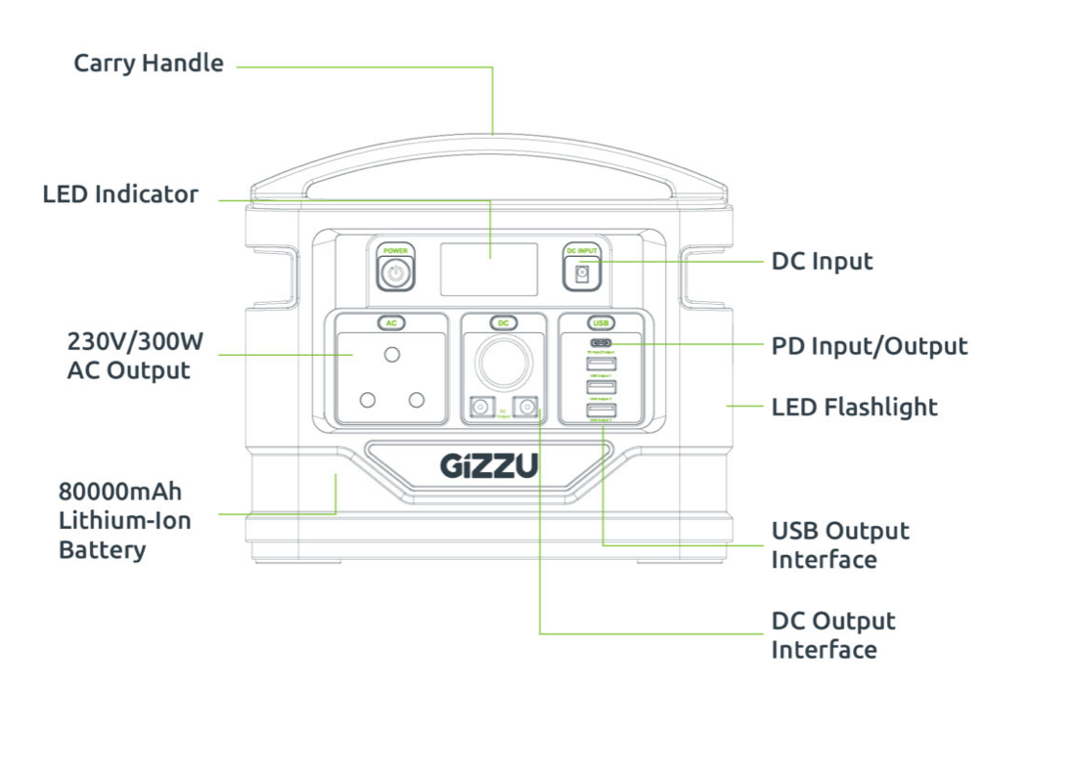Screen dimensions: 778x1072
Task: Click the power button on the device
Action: tap(395, 274)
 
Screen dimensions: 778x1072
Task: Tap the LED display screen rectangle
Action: tap(488, 269)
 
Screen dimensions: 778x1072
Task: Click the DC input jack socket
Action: tap(583, 275)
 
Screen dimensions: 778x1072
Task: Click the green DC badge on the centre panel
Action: tap(504, 323)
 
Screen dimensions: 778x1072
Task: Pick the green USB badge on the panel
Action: tap(601, 323)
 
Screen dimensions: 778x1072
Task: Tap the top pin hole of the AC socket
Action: tap(393, 353)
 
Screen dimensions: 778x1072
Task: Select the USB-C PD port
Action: tap(601, 344)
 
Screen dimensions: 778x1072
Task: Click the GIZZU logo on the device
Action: tap(488, 466)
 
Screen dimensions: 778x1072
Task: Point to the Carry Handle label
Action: tap(149, 64)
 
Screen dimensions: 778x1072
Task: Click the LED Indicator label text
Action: tap(120, 194)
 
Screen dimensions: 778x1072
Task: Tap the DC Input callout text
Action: tap(822, 262)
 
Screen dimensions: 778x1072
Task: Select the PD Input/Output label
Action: tap(869, 346)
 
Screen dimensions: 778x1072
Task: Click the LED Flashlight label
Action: tap(854, 407)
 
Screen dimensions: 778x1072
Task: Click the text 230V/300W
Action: tap(135, 342)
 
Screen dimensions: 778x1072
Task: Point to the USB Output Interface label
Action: tap(839, 545)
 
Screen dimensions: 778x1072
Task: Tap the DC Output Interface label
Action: tap(832, 635)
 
